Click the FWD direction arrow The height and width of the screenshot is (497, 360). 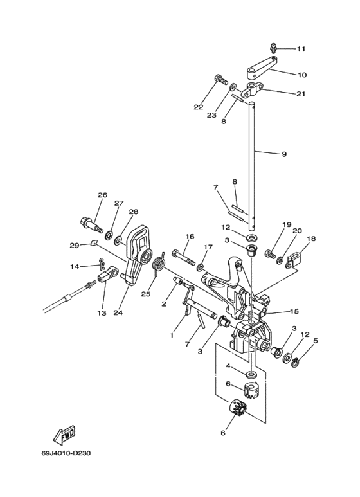click(64, 437)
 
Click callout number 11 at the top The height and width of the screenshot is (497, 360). click(301, 49)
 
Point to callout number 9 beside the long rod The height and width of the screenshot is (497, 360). click(283, 154)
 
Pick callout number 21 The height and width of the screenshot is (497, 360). click(300, 94)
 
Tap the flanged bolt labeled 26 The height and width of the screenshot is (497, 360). click(91, 226)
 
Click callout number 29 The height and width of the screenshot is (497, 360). click(74, 245)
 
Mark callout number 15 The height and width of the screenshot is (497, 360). click(294, 312)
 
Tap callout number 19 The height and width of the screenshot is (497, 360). click(287, 225)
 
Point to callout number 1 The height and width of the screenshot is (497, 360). click(172, 334)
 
